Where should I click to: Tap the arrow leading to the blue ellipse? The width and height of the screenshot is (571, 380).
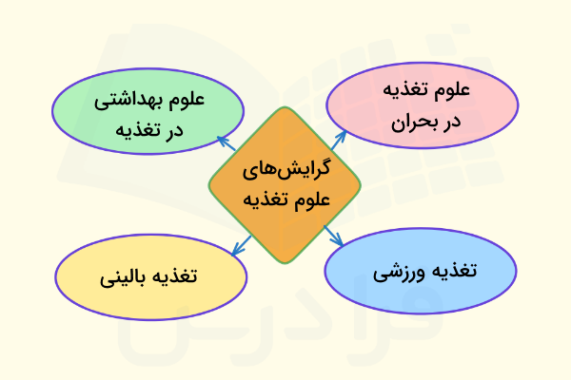coord(332,238)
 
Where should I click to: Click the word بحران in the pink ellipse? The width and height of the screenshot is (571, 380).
coord(412,121)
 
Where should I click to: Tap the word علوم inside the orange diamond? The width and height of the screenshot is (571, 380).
coord(310,199)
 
